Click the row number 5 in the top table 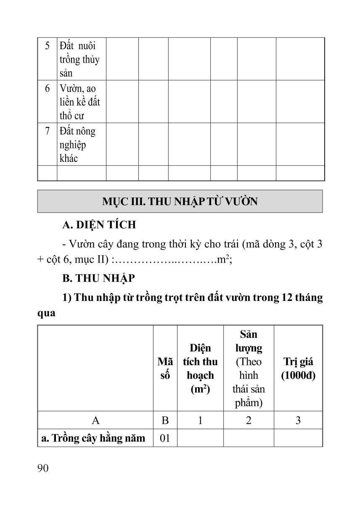pos(47,45)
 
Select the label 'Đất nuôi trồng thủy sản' pos(79,59)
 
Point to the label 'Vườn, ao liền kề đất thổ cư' pos(79,102)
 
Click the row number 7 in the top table pos(47,131)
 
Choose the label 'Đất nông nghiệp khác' pos(78,145)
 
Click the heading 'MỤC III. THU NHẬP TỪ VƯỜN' pos(180,202)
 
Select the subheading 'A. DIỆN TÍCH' pos(99,225)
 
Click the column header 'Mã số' pos(165,369)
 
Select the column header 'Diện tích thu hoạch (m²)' pos(200,369)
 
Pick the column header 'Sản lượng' pos(249,341)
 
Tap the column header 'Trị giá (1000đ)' pos(298,369)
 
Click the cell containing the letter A pos(95,420)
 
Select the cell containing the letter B pos(165,420)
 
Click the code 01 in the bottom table pos(165,438)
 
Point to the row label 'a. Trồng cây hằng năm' pos(93,438)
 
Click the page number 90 pos(43,469)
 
